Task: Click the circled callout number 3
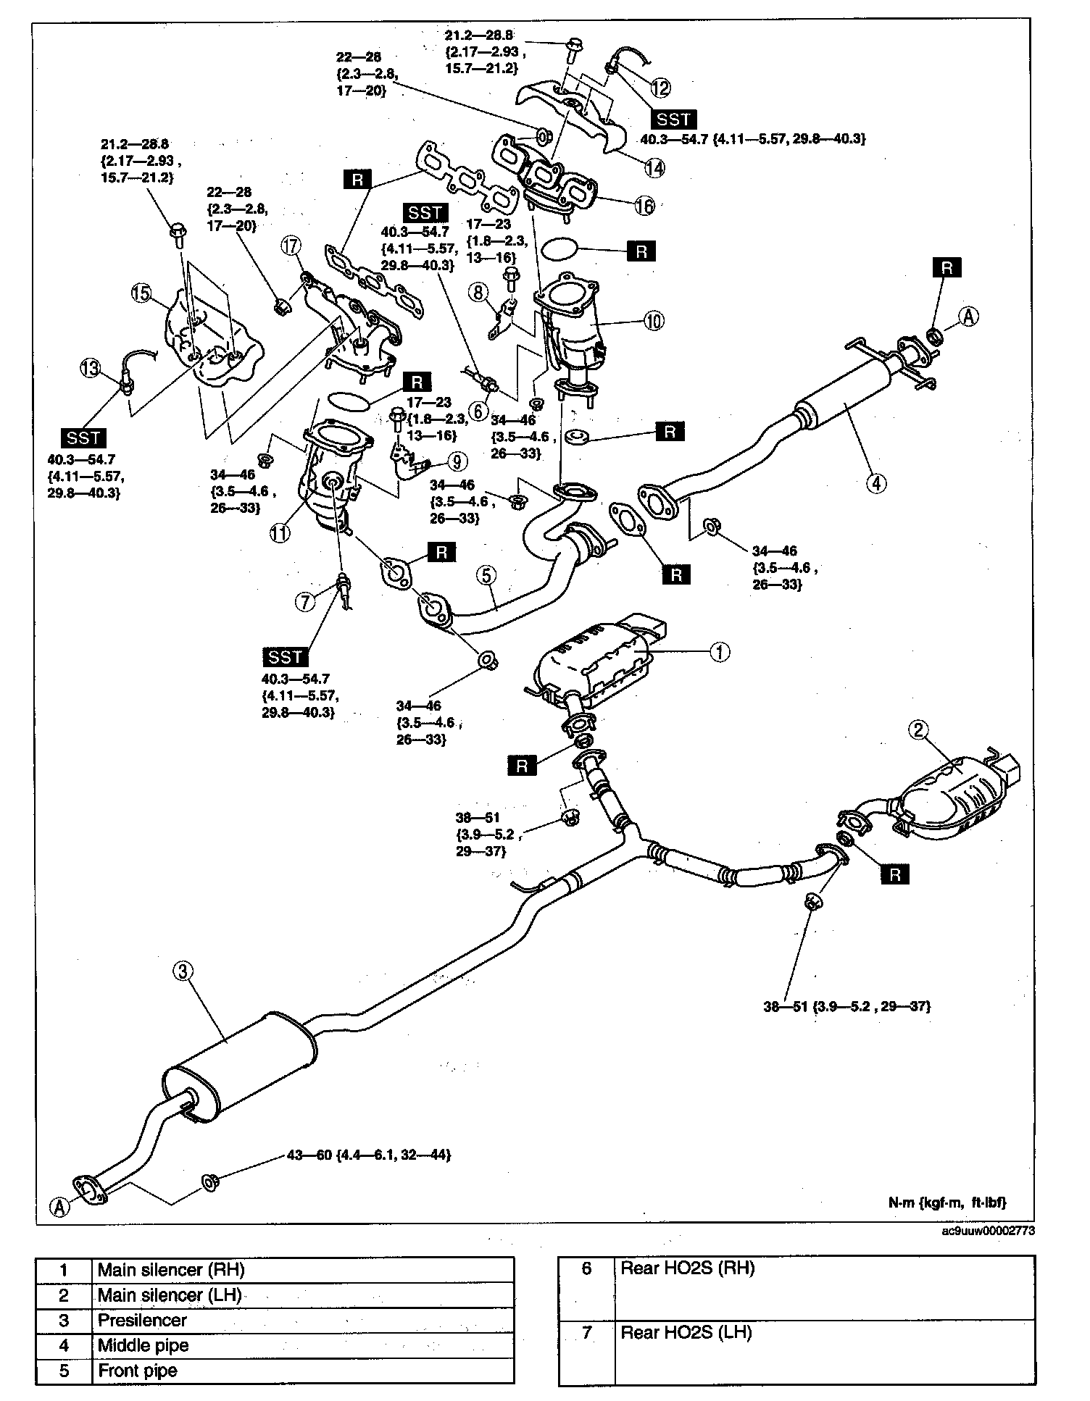tap(183, 971)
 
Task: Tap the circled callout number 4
tap(876, 482)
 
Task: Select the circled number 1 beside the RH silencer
tap(718, 652)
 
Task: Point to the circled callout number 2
tap(918, 730)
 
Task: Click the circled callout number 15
tap(141, 293)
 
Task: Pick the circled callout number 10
tap(653, 320)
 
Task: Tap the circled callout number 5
tap(486, 575)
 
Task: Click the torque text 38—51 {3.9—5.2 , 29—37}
tap(846, 1006)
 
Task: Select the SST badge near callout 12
tap(673, 120)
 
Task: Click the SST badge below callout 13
tap(84, 438)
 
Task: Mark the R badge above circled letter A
tap(947, 268)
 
